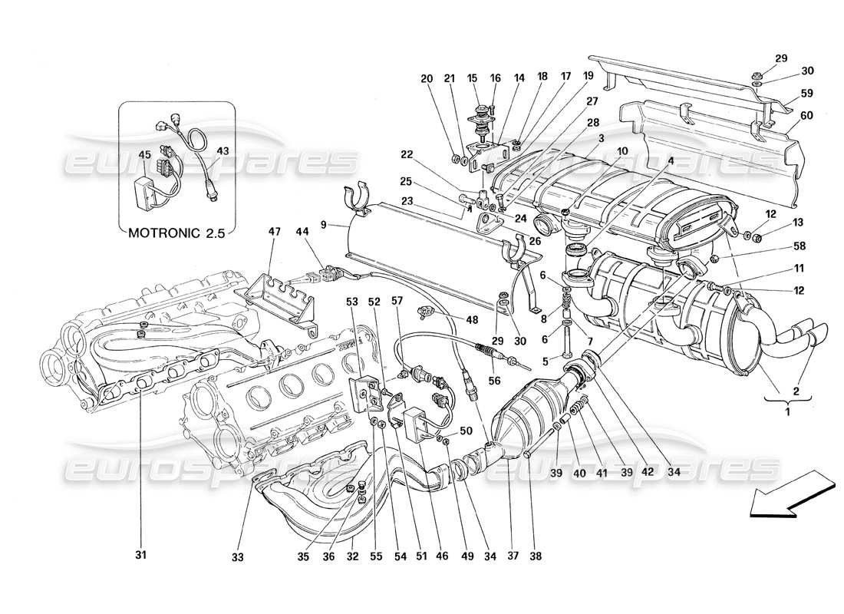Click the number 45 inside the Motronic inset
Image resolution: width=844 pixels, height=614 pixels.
tap(144, 155)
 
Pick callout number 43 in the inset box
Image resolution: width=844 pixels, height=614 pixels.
tap(223, 150)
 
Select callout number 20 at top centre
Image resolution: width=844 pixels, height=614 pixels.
tap(427, 78)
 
